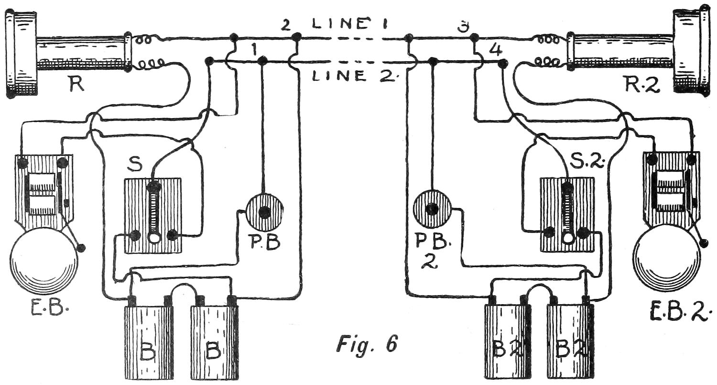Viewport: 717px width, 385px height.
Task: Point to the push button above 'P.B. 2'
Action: [432, 209]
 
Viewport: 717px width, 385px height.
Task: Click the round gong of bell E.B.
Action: [43, 261]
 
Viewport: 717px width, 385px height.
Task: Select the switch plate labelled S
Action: [153, 215]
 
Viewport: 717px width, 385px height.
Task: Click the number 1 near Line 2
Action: [254, 49]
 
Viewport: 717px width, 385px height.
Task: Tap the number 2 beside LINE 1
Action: [285, 24]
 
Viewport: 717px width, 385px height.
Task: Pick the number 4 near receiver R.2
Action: [496, 50]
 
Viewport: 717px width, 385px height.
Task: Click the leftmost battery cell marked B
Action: [149, 342]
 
